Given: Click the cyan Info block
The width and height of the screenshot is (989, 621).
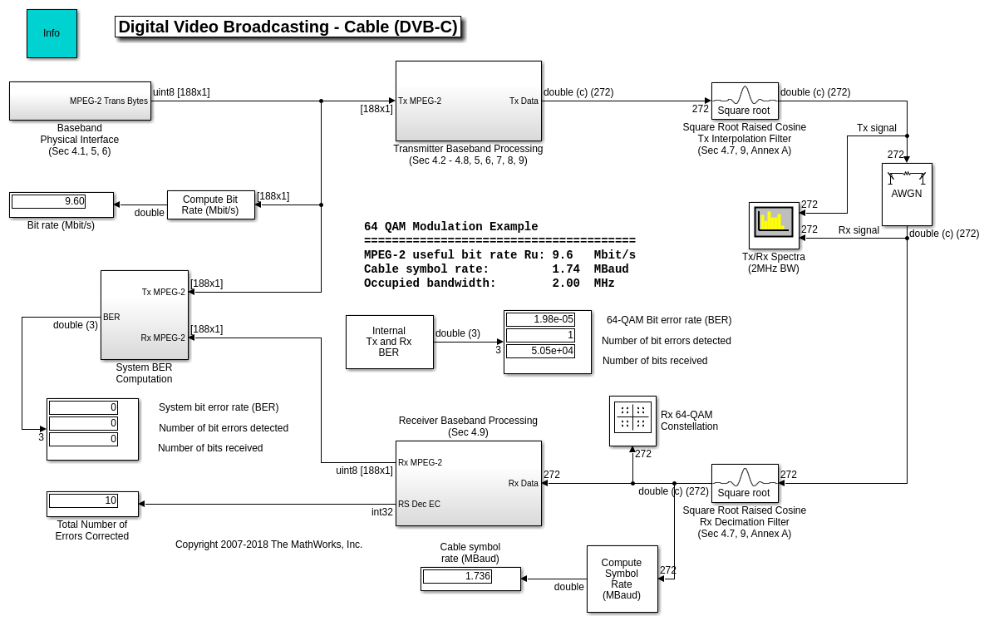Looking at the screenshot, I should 52,33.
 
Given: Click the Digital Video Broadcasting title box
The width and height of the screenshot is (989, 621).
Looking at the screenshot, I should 288,27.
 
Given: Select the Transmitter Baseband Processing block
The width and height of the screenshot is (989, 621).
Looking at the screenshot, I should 468,101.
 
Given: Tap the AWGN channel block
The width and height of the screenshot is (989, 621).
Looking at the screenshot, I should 906,194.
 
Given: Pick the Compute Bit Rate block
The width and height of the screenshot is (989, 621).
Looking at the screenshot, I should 210,205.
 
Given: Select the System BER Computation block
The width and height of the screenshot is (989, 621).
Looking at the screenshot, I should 145,315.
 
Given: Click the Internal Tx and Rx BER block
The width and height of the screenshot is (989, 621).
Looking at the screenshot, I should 389,342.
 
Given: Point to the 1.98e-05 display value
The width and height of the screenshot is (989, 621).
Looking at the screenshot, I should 540,319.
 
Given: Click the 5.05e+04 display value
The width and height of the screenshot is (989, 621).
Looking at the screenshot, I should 540,351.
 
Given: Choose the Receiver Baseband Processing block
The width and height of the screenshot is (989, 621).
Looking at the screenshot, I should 468,483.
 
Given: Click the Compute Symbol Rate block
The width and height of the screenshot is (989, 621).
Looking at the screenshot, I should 622,579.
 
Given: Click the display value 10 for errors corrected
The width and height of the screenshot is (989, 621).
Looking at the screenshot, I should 83,500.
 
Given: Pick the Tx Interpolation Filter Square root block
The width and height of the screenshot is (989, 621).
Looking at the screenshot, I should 744,101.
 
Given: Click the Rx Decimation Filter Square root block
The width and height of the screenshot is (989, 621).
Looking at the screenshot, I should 744,482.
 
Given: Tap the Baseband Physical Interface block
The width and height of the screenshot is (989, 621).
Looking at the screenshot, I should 80,101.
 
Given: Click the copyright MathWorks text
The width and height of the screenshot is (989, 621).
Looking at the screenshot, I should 268,545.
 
